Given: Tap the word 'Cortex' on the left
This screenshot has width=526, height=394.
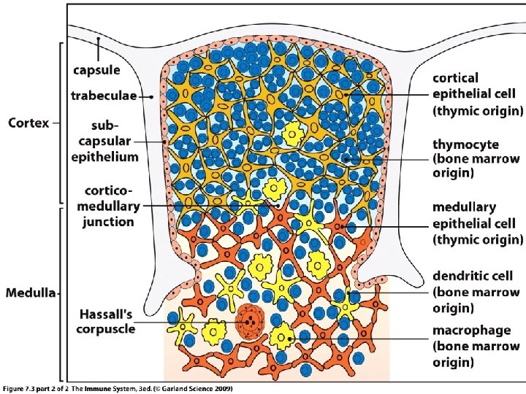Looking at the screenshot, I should (x=28, y=123).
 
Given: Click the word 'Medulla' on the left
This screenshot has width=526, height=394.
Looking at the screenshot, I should (x=31, y=293).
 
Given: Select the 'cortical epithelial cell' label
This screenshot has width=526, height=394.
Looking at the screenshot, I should (x=476, y=93).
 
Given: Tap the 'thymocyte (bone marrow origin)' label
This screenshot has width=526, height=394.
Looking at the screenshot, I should (x=476, y=158).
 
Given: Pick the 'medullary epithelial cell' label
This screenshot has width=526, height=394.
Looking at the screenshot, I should (x=476, y=222).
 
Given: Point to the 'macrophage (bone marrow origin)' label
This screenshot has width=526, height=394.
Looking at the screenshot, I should (x=473, y=347).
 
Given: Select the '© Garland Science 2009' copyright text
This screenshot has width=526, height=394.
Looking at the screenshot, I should (x=197, y=388).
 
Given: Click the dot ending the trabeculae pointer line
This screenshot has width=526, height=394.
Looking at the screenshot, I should (x=152, y=96).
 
